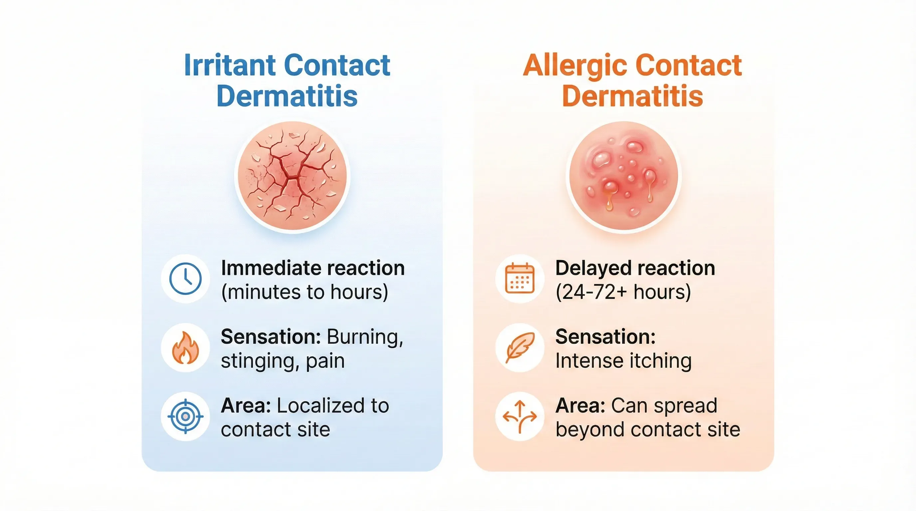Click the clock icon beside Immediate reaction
point(185,279)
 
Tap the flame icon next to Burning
point(185,348)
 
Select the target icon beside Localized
point(185,417)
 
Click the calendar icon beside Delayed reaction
point(520,279)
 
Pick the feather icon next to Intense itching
point(520,348)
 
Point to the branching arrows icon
point(520,417)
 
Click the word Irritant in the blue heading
point(230,66)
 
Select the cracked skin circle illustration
point(292,177)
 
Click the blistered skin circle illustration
point(624,177)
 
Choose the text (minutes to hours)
point(304,292)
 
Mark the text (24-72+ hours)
point(623,292)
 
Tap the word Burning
point(365,337)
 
